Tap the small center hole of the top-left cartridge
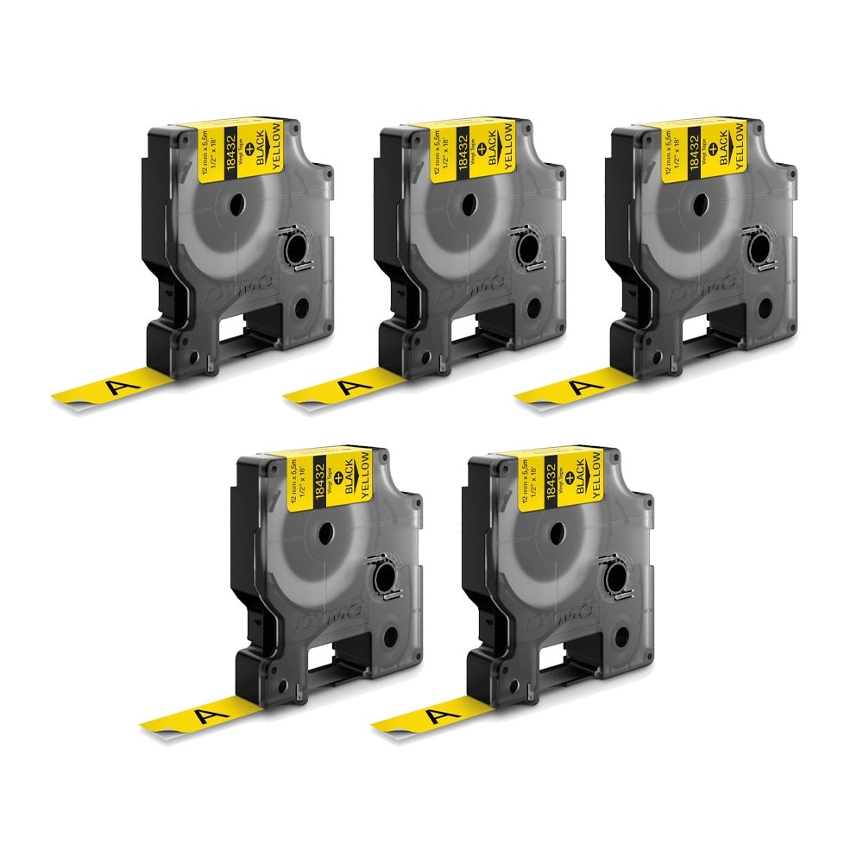click(x=237, y=204)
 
